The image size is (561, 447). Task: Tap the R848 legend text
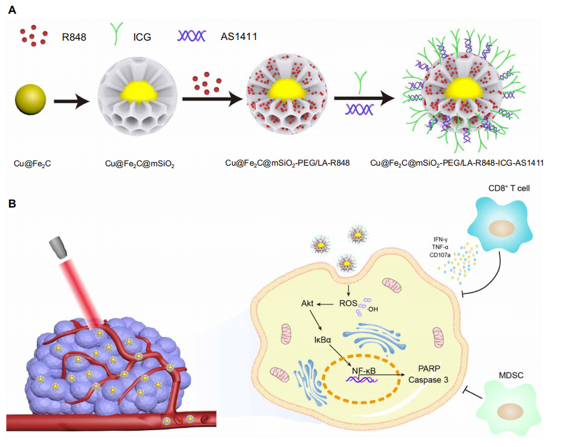74,37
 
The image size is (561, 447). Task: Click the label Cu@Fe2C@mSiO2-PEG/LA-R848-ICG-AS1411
457,163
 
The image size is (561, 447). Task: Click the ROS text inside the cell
347,304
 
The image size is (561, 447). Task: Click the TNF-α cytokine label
440,248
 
